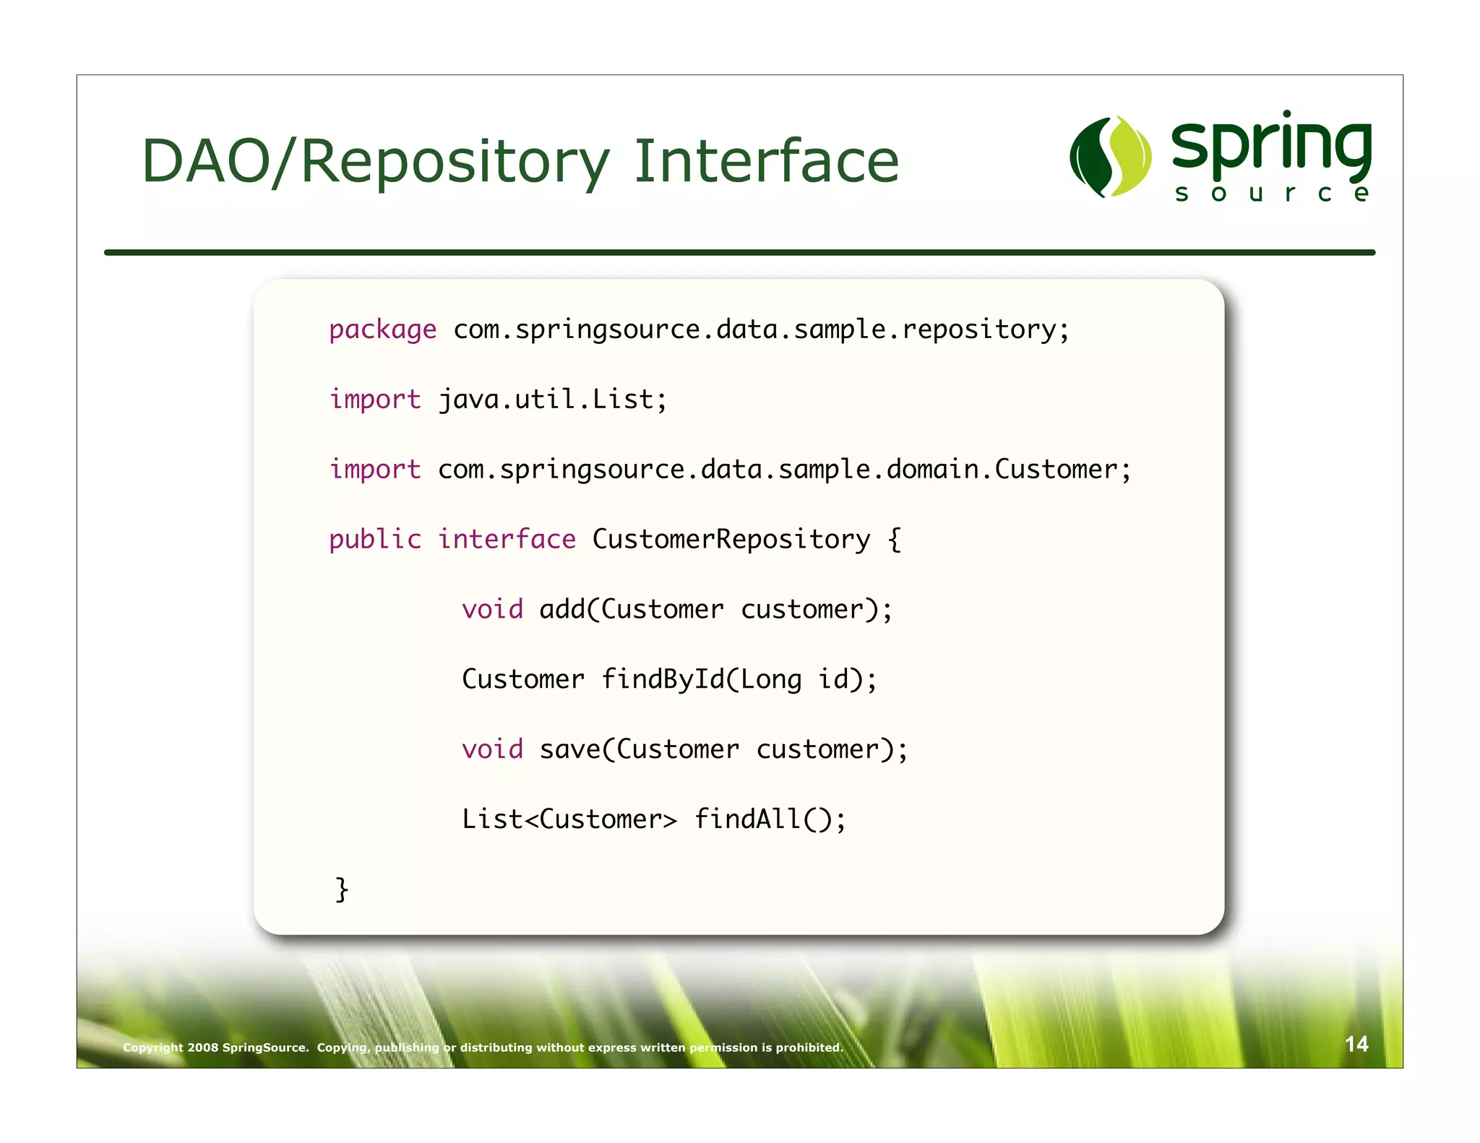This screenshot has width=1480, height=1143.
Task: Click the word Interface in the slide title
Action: (766, 161)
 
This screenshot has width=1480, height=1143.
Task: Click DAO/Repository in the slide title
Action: (376, 163)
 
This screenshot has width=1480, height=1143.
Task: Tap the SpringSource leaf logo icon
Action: (1111, 156)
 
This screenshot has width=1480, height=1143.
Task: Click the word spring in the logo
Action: (1272, 147)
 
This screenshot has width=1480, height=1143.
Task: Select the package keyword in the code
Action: (382, 330)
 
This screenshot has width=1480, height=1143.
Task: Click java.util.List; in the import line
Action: (553, 400)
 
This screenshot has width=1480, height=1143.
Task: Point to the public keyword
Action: (374, 540)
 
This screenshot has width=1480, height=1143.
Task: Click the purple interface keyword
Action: (507, 540)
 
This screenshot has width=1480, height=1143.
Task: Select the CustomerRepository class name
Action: (731, 540)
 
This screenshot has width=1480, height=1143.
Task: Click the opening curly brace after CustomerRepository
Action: (895, 540)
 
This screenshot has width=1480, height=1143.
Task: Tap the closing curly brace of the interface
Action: (342, 889)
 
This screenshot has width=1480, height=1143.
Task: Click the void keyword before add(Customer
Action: (492, 610)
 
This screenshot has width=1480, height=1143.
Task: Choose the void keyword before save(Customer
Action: (492, 750)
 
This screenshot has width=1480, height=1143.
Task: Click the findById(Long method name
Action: (701, 680)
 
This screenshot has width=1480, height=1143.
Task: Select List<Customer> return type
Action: (569, 820)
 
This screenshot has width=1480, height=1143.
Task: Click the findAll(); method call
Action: (770, 820)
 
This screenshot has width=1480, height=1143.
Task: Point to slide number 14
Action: (1356, 1044)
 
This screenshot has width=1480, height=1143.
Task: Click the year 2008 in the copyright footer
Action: (203, 1048)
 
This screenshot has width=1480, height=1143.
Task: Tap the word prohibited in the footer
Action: (809, 1048)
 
